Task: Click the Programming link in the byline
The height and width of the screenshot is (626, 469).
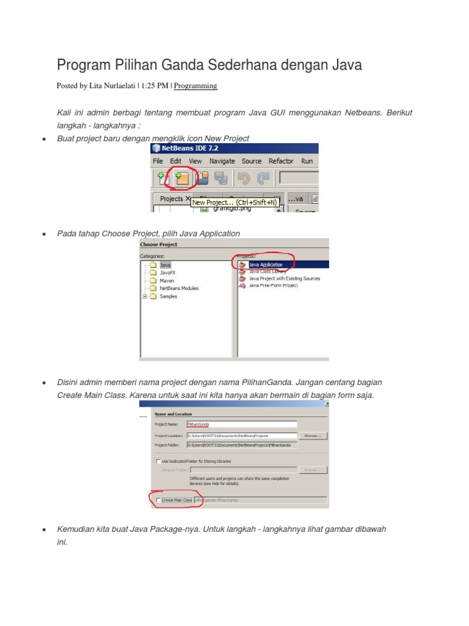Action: (x=195, y=86)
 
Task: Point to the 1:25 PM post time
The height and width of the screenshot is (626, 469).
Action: (x=155, y=86)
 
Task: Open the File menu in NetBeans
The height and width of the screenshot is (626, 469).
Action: (x=158, y=161)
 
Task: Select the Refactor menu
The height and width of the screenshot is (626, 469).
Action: (x=281, y=161)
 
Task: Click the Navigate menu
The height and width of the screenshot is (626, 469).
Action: (x=222, y=161)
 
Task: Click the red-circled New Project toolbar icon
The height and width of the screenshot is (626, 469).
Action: (x=181, y=178)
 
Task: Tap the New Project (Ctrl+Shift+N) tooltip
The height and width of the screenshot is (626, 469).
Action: (x=234, y=202)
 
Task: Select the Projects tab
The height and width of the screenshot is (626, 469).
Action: (x=171, y=199)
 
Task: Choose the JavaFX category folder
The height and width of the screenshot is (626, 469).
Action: (x=167, y=273)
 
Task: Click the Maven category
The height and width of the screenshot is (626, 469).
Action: (x=167, y=281)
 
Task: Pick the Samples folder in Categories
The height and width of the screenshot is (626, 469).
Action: (x=168, y=296)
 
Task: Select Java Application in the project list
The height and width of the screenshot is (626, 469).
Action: (x=265, y=265)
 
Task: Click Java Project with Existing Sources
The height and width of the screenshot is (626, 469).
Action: (x=284, y=278)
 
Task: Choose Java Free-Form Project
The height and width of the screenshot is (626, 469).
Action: (x=273, y=285)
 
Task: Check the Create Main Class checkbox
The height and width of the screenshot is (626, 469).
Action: (x=159, y=500)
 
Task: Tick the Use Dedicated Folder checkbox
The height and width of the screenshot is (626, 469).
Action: (x=158, y=461)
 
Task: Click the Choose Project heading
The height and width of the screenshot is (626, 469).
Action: (x=159, y=245)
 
